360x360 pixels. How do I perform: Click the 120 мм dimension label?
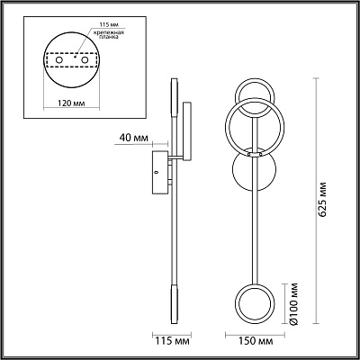pyautogui.click(x=71, y=103)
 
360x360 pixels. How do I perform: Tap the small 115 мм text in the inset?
pyautogui.click(x=105, y=24)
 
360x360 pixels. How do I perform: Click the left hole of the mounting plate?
pyautogui.click(x=59, y=60)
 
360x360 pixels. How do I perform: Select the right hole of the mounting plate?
pyautogui.click(x=85, y=60)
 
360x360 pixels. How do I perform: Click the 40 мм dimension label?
pyautogui.click(x=134, y=138)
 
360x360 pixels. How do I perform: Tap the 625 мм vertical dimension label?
pyautogui.click(x=321, y=199)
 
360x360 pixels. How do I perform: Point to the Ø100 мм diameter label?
pyautogui.click(x=294, y=303)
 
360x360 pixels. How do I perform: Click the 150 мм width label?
pyautogui.click(x=256, y=341)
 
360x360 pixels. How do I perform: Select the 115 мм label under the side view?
pyautogui.click(x=172, y=341)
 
